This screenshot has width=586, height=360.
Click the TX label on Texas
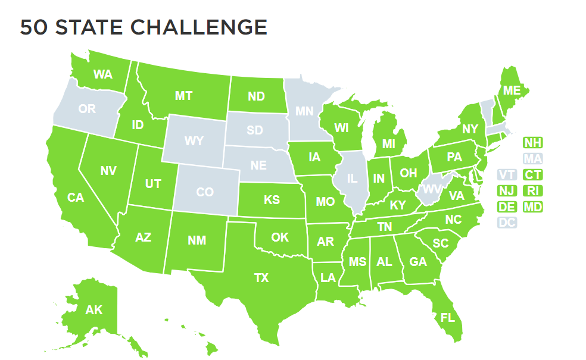[261, 277]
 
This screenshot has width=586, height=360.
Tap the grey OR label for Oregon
[87, 109]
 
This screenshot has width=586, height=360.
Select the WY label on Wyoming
[194, 141]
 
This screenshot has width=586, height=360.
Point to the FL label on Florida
[447, 317]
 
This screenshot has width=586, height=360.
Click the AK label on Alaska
[93, 309]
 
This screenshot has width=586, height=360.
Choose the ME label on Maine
[512, 90]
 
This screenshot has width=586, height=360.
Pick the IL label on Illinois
[353, 178]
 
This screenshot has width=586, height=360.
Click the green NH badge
[532, 143]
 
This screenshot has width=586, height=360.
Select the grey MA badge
[532, 159]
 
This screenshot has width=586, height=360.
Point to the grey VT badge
[507, 175]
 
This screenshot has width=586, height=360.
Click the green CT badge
[532, 175]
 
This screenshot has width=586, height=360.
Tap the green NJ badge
[507, 191]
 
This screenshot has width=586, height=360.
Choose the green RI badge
[532, 191]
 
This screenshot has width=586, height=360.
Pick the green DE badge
[507, 207]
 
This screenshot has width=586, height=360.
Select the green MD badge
[532, 207]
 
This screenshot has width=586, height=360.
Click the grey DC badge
[507, 223]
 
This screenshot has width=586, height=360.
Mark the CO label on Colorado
[204, 192]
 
